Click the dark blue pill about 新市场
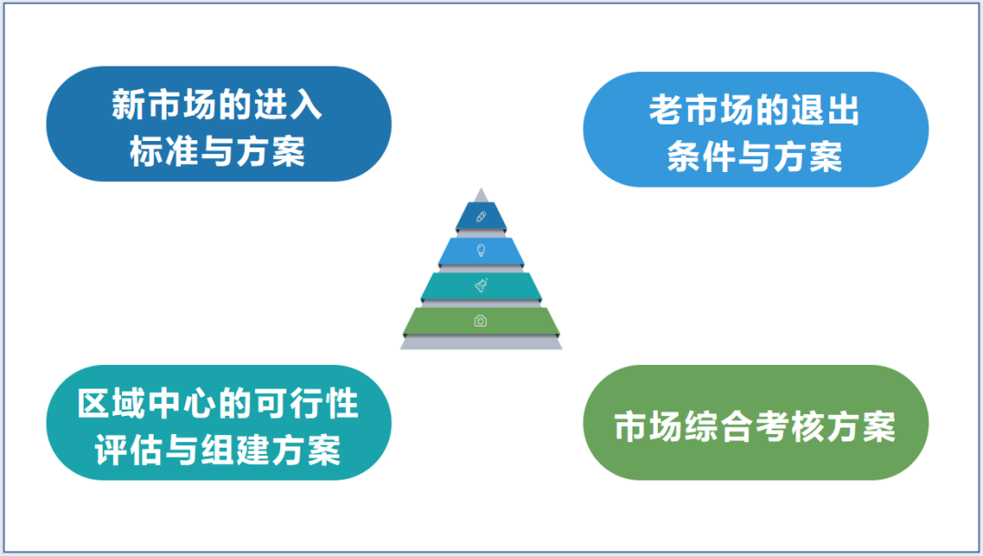[218, 124]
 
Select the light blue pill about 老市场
[755, 129]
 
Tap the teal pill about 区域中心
[218, 422]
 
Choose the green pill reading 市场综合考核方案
[755, 422]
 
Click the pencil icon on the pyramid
[481, 217]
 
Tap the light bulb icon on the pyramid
[481, 251]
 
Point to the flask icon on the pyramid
[481, 285]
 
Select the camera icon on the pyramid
[481, 321]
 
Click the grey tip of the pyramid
[481, 196]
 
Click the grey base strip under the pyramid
[481, 342]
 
